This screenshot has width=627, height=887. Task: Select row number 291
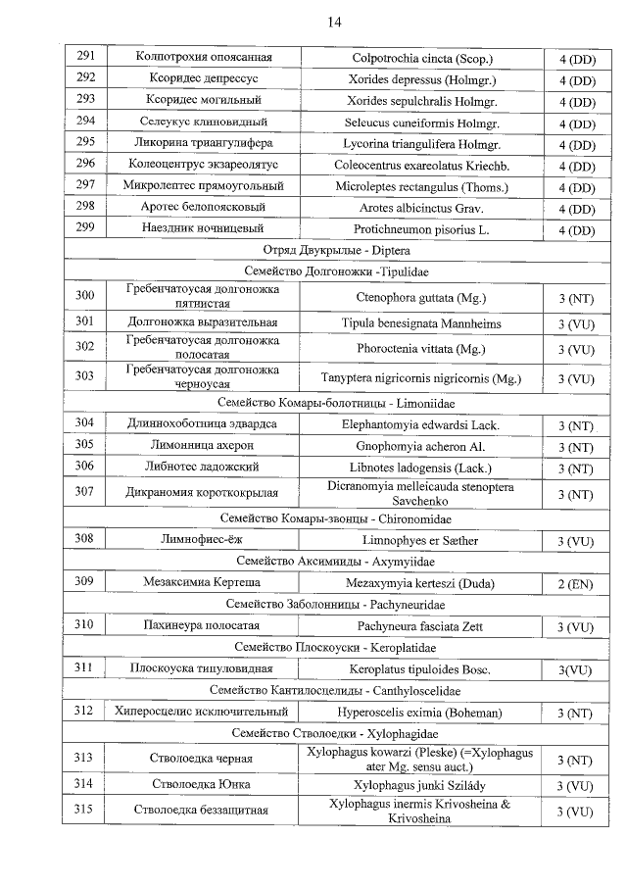coord(85,57)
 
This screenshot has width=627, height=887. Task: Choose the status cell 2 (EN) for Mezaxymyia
coord(576,583)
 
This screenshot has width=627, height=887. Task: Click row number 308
coord(85,539)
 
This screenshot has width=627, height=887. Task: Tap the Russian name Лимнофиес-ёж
coord(203,540)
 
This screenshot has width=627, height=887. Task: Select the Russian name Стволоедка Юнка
coord(203,785)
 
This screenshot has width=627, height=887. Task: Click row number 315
coord(85,811)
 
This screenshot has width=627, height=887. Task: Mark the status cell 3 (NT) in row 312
coord(576,713)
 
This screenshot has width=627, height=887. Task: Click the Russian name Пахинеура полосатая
coord(203,626)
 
